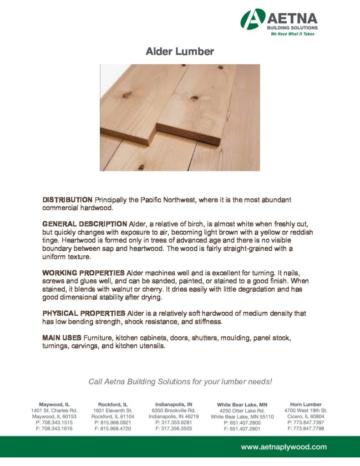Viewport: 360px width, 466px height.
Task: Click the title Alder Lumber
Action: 180,51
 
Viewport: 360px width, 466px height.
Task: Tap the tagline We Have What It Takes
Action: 293,34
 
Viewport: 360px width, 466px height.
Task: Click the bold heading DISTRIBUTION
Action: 67,200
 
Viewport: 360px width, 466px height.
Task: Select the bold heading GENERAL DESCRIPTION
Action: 85,224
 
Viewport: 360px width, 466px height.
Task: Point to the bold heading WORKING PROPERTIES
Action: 83,273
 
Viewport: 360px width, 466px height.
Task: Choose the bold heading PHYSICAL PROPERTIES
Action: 84,314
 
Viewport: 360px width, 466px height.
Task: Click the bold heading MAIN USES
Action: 61,338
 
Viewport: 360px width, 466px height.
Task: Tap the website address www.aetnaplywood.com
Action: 284,447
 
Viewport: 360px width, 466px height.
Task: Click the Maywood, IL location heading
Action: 54,404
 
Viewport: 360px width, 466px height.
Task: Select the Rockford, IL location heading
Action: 113,404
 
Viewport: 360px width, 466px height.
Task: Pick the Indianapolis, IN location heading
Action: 173,404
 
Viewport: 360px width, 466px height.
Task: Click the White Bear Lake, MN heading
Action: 242,405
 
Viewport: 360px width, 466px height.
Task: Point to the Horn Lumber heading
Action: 305,404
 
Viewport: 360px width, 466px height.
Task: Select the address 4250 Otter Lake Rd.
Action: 242,410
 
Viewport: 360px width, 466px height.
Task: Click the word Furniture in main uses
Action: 97,338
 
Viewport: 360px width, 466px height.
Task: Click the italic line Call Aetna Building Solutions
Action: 180,381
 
